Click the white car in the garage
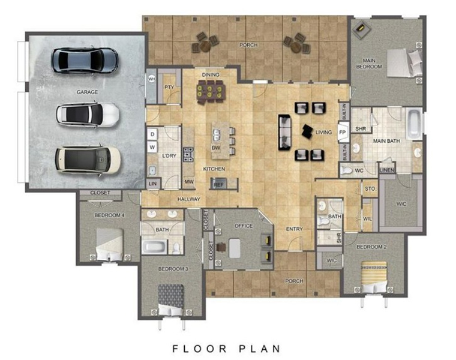pyautogui.click(x=88, y=115)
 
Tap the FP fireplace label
pyautogui.click(x=342, y=133)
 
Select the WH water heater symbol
pyautogui.click(x=152, y=79)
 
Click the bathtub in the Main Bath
pyautogui.click(x=414, y=124)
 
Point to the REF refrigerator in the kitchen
pyautogui.click(x=218, y=184)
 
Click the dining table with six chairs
pyautogui.click(x=211, y=91)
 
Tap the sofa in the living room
pyautogui.click(x=285, y=133)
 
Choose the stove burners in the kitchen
pyautogui.click(x=188, y=154)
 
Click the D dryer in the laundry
pyautogui.click(x=152, y=134)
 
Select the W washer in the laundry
pyautogui.click(x=152, y=147)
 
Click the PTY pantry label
pyautogui.click(x=169, y=87)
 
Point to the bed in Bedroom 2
pyautogui.click(x=374, y=276)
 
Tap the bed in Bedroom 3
pyautogui.click(x=171, y=299)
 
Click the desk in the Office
pyautogui.click(x=235, y=248)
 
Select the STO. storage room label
pyautogui.click(x=371, y=189)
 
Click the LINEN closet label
pyautogui.click(x=387, y=170)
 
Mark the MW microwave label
pyautogui.click(x=189, y=182)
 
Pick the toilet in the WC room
pyautogui.click(x=346, y=170)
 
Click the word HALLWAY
pyautogui.click(x=189, y=199)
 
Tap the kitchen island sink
pyautogui.click(x=216, y=134)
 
